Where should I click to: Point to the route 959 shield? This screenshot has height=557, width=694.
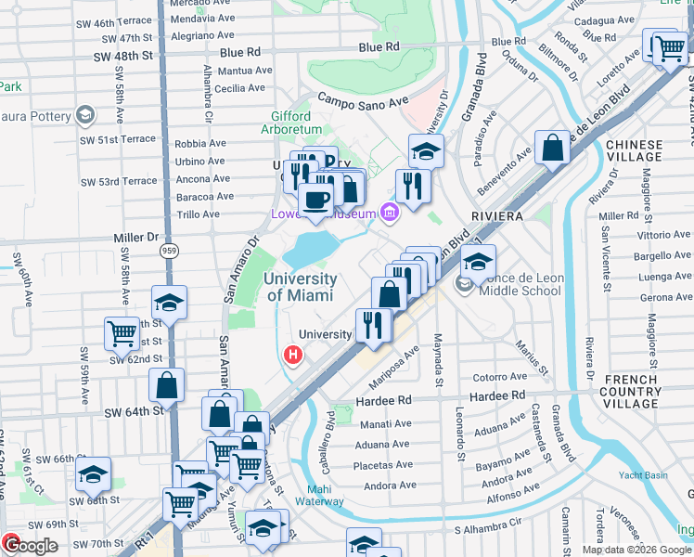[168, 251]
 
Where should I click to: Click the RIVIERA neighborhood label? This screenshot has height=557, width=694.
[499, 215]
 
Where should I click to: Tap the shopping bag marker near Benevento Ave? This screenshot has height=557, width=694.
[552, 149]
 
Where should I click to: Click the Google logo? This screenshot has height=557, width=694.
[30, 546]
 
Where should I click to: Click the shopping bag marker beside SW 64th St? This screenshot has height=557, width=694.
[166, 385]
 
